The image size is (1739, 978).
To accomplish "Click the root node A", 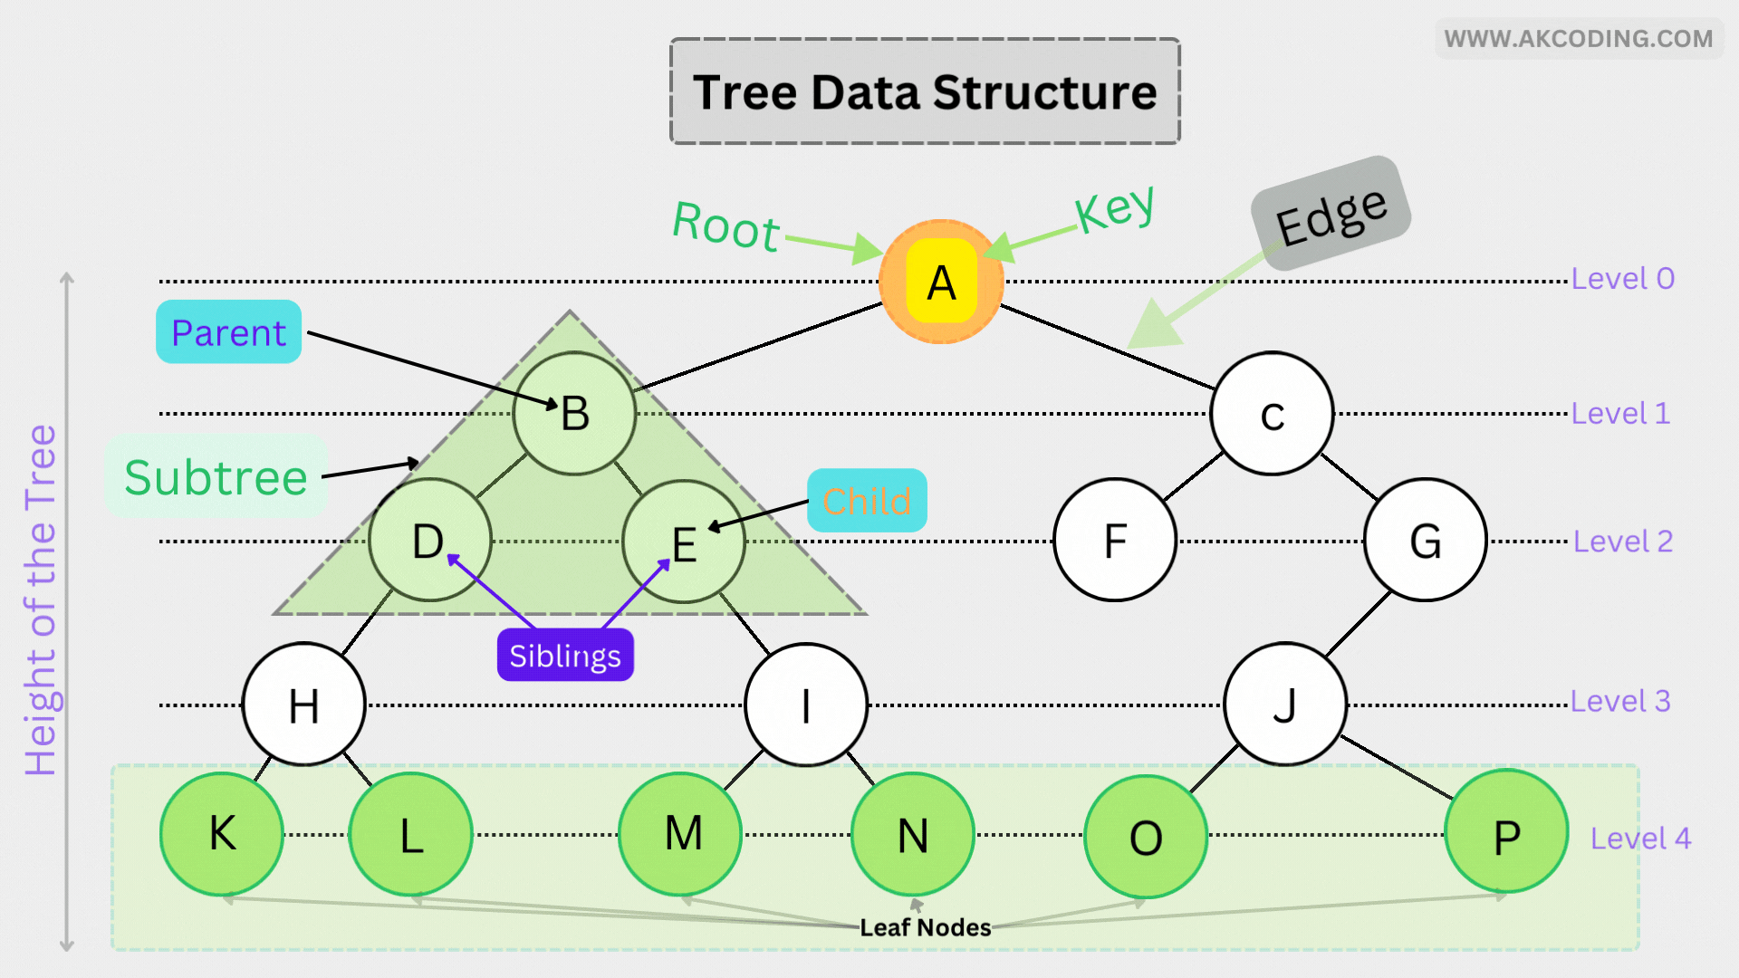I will click(941, 282).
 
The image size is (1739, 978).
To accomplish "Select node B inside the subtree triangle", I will click(574, 413).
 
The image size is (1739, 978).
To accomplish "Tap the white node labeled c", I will click(1272, 414).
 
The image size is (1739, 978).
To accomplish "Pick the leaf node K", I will click(222, 834).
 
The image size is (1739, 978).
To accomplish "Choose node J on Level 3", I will click(1284, 705).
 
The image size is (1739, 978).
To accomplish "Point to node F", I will click(1115, 541).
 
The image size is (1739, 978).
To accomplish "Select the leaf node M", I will click(681, 834).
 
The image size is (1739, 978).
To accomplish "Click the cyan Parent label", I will click(228, 332).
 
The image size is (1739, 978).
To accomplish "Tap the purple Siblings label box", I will click(565, 656).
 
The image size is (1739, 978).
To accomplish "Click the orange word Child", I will click(867, 501).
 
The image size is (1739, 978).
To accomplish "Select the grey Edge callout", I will click(1331, 215).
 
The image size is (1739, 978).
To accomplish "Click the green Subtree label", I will click(216, 476).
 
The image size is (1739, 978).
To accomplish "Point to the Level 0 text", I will click(1622, 278).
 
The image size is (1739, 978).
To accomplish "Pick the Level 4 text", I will click(1640, 839).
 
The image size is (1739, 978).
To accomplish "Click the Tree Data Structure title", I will click(925, 91).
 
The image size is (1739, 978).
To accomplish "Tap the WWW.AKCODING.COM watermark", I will click(1579, 39).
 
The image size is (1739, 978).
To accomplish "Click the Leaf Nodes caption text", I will click(925, 927).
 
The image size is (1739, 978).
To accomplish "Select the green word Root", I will click(725, 225).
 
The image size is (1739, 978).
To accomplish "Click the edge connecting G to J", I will click(1359, 624).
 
